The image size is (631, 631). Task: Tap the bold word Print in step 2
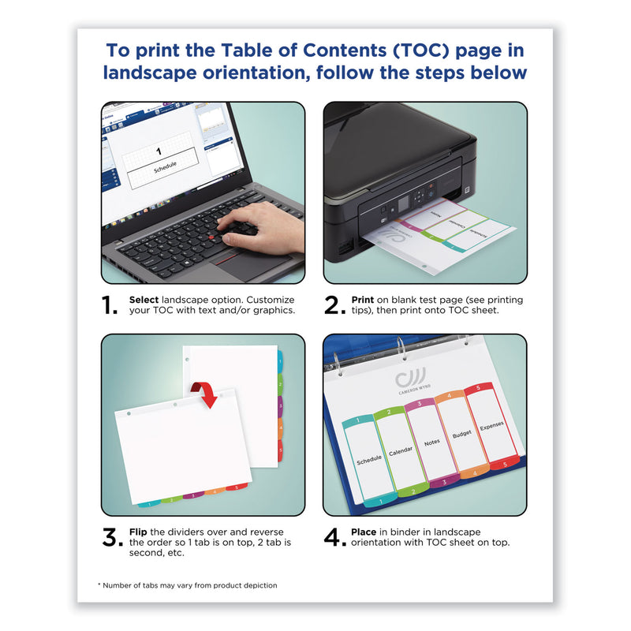tap(364, 301)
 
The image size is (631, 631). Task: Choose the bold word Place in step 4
tap(365, 532)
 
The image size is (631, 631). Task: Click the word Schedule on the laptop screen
tap(165, 166)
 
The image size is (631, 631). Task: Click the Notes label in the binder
tap(431, 442)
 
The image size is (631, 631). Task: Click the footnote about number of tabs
tap(187, 585)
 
